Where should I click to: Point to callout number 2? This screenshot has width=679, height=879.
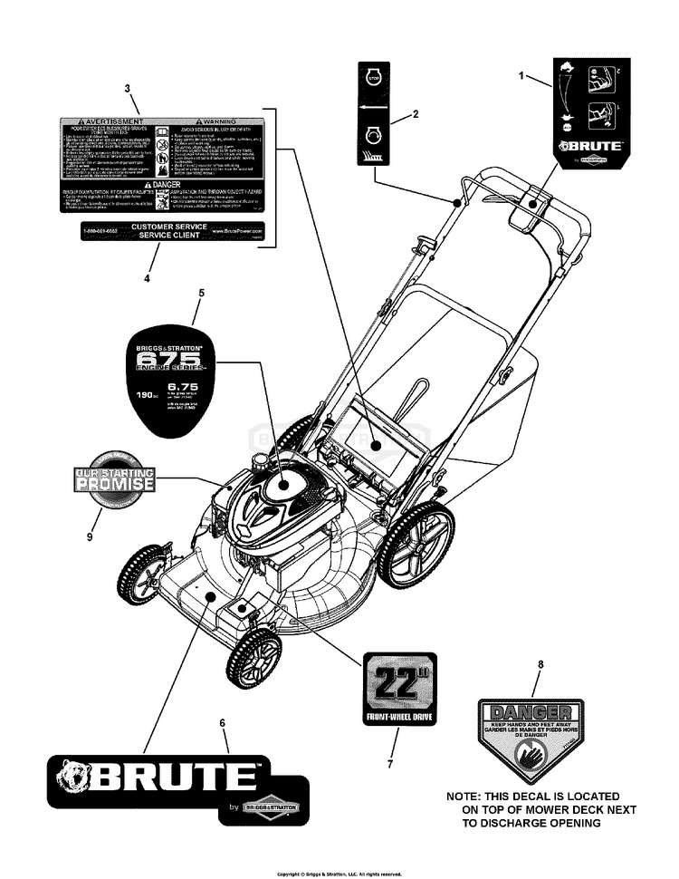[415, 114]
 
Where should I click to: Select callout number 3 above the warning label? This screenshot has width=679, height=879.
[128, 88]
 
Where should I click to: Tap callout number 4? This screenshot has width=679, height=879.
[147, 278]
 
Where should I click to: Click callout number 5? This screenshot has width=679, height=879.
[201, 293]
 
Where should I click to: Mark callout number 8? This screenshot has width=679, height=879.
[540, 665]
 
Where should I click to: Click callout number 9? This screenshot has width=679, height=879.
[90, 536]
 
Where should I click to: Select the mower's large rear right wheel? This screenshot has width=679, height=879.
[416, 546]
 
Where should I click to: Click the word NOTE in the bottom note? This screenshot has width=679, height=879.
[467, 795]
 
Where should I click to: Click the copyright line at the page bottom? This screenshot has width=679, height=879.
[339, 874]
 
